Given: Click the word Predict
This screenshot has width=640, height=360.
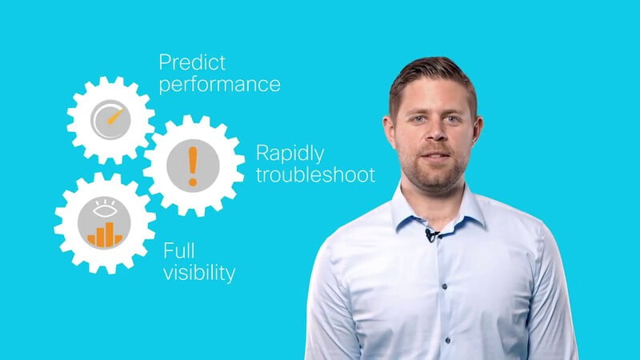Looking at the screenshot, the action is point(192,63).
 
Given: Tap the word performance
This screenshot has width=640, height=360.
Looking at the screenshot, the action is point(219,85).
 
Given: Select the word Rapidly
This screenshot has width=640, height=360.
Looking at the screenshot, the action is point(290,154).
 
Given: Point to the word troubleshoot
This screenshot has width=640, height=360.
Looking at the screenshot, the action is point(315,174).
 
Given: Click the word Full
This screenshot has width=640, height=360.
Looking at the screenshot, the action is point(178,250).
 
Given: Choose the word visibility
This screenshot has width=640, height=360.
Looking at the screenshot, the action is point(199,273).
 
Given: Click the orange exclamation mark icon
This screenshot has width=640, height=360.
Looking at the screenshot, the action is point(193,166).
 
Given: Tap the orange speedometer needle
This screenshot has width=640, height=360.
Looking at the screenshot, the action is point(115,116).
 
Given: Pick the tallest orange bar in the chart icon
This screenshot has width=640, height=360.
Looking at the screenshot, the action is point(110,234).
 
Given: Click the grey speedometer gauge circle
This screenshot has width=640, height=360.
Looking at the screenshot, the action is point(110,119).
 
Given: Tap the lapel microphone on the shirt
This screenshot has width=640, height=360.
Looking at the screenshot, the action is point(430,235).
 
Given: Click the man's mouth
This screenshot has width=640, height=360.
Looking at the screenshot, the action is point(435,156).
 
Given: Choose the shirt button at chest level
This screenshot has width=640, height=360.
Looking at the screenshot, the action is point(445,287).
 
